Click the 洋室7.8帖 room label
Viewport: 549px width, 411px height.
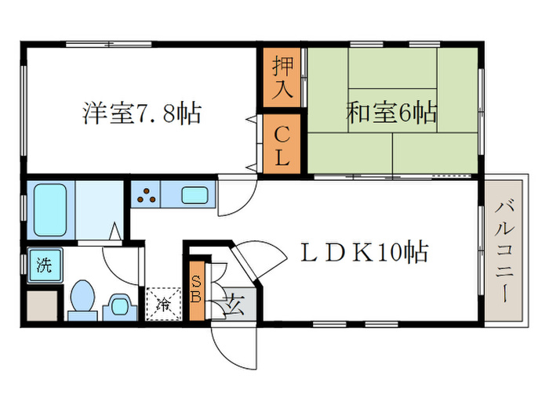click(142, 114)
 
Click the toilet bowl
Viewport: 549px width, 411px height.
click(81, 298)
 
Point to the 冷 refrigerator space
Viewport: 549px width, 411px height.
click(163, 301)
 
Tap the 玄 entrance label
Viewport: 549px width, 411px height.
click(233, 302)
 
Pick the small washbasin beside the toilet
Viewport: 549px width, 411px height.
click(118, 304)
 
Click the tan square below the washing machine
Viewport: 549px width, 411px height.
click(41, 305)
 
